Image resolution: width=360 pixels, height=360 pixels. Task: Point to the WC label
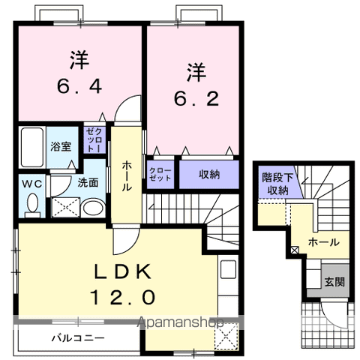[31, 183]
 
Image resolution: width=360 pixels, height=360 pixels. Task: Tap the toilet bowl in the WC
[31, 202]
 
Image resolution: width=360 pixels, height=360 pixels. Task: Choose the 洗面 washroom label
[88, 182]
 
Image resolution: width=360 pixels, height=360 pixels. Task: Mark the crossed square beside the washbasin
[64, 208]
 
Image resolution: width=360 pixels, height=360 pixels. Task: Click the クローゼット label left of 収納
[160, 174]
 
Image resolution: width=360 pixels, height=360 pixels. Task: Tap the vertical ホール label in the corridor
[127, 175]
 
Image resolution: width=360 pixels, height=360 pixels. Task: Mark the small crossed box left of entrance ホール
[293, 250]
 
